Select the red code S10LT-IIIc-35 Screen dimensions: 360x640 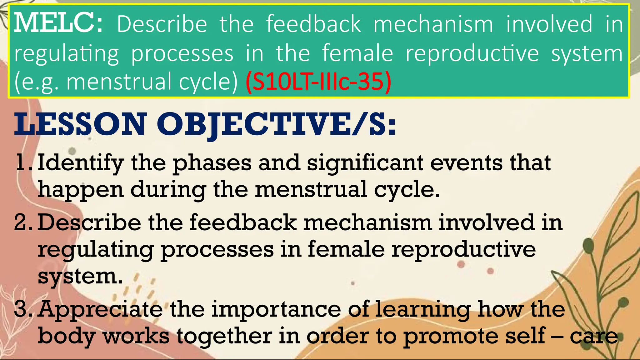[x=318, y=82]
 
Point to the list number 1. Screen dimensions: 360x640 [x=23, y=162]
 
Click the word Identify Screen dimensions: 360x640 [x=81, y=163]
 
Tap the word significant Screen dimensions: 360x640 [x=365, y=163]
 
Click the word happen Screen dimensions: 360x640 [x=81, y=190]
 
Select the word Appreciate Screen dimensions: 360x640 [x=100, y=309]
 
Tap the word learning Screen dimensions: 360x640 [x=422, y=309]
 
